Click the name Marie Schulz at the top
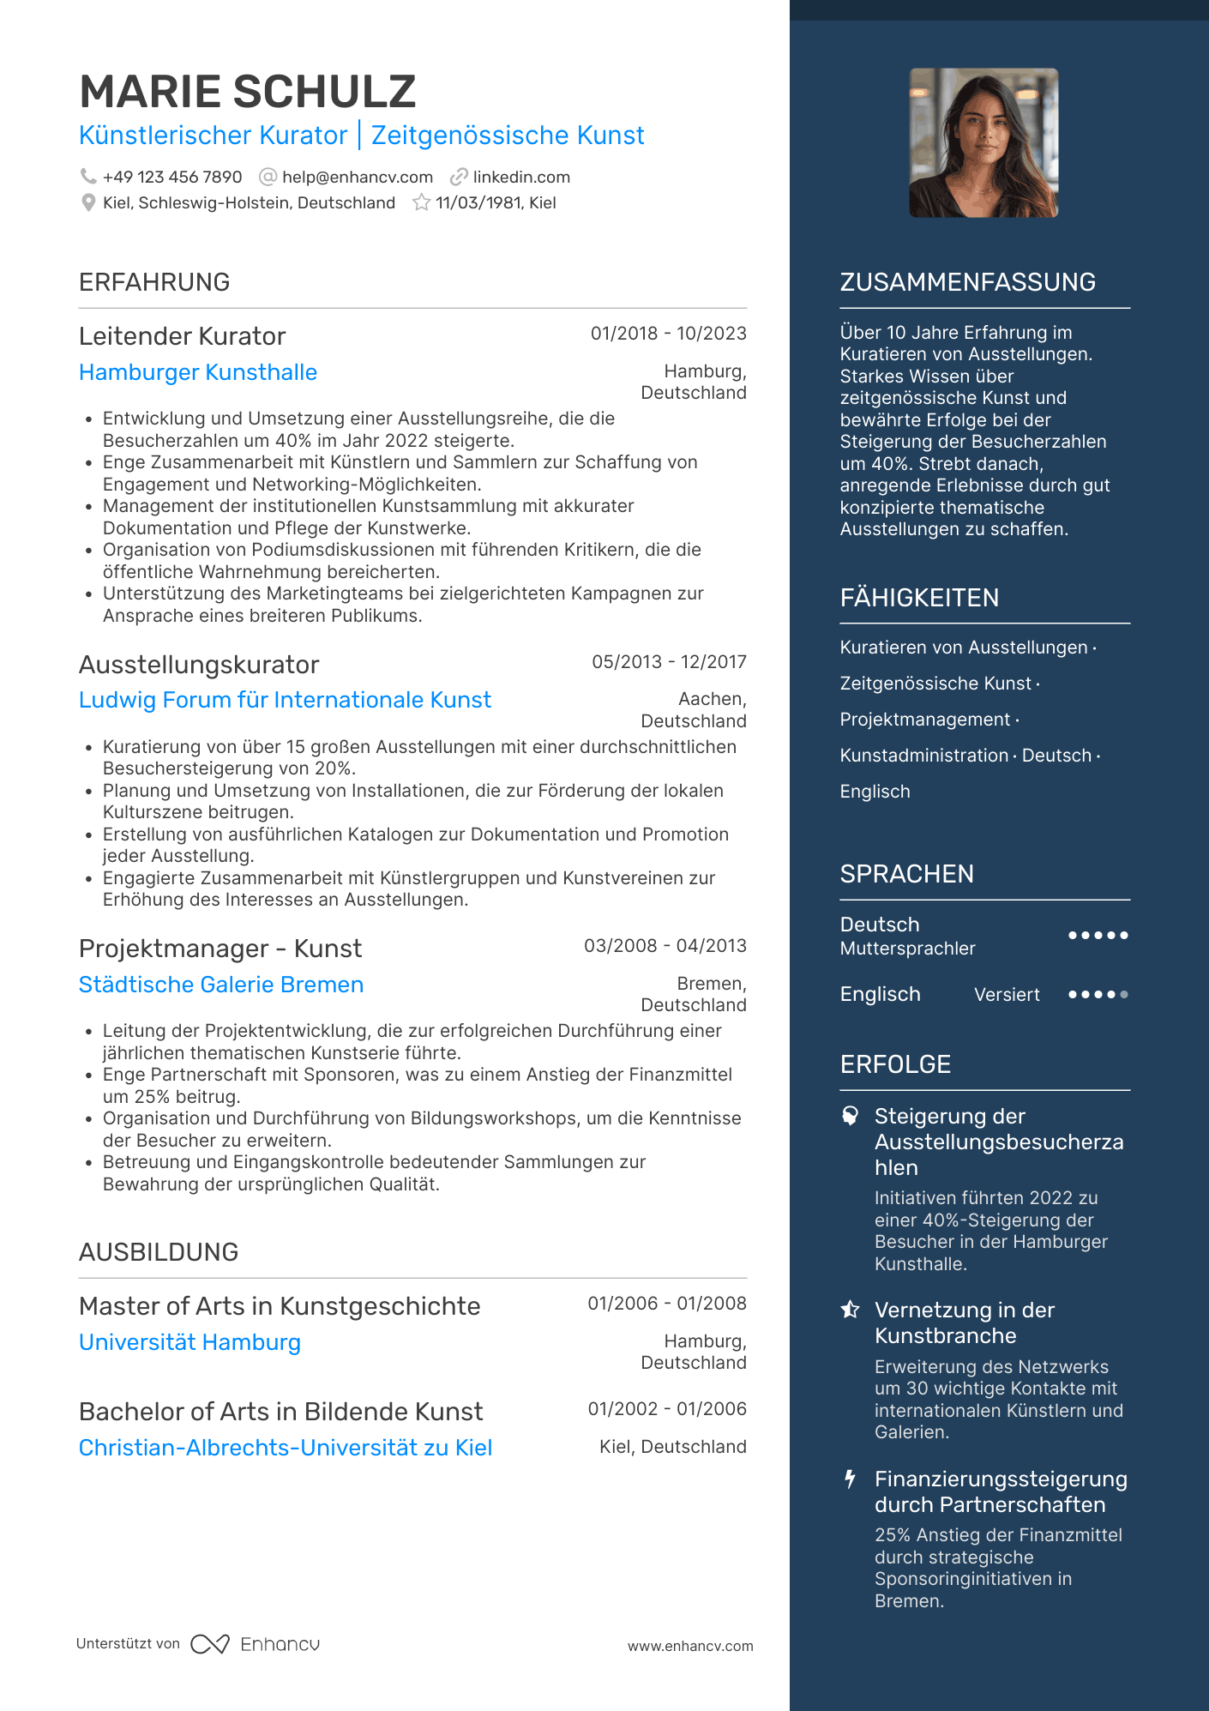[x=247, y=92]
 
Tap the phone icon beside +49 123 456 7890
[x=88, y=177]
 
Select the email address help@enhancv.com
[x=357, y=178]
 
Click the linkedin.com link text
[x=520, y=178]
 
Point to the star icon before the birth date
[x=421, y=203]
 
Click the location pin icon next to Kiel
[x=88, y=203]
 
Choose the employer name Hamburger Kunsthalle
[x=198, y=372]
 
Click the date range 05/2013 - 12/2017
[x=669, y=662]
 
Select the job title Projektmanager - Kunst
[x=220, y=949]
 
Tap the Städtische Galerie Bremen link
[x=221, y=985]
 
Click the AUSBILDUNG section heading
[x=159, y=1252]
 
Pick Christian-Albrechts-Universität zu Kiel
[x=286, y=1448]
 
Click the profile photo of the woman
[x=983, y=143]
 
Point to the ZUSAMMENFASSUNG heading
[x=967, y=282]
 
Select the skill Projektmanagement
[x=924, y=720]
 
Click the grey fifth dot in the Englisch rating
[x=1124, y=995]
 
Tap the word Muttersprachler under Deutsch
[x=907, y=949]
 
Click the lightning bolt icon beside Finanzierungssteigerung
[x=850, y=1479]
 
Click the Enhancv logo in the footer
[x=256, y=1644]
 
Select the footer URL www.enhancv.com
[x=690, y=1647]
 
